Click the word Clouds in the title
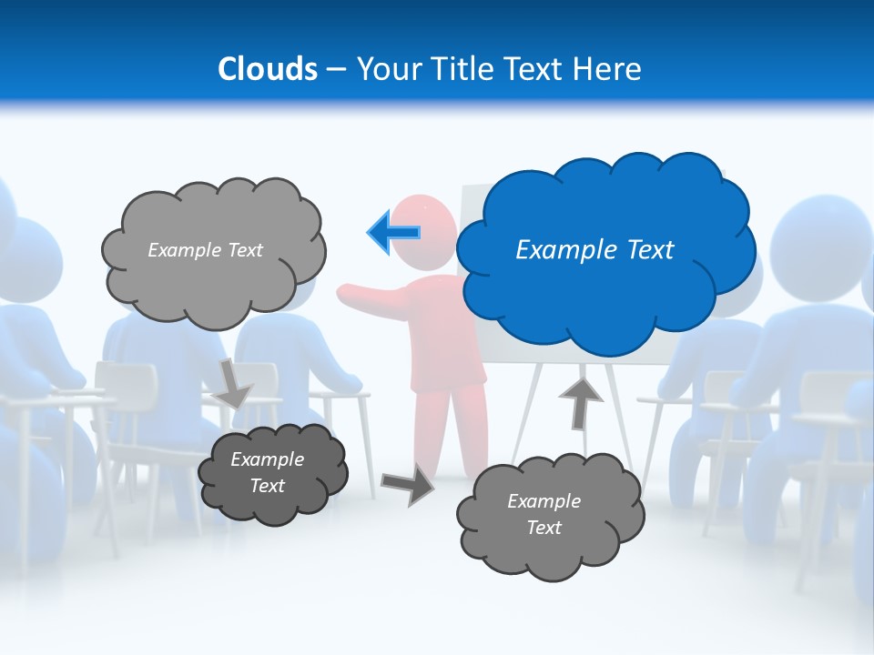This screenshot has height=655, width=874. [x=267, y=69]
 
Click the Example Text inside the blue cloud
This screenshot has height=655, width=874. [x=595, y=250]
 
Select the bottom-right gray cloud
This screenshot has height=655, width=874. [x=550, y=546]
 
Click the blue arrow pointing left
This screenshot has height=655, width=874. [x=394, y=233]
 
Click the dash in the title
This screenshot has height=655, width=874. [x=335, y=70]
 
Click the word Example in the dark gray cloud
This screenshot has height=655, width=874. [x=267, y=459]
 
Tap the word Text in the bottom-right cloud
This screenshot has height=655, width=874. [x=544, y=528]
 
